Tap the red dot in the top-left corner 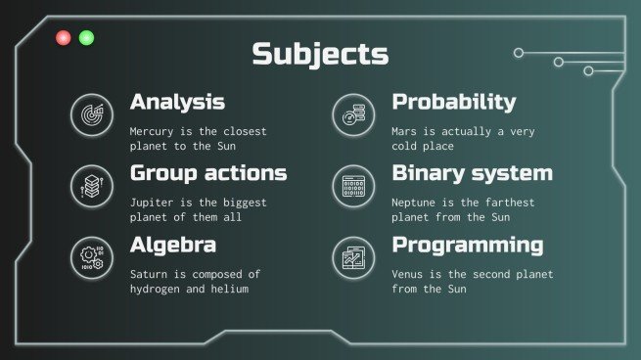pos(64,38)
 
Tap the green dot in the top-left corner pos(86,38)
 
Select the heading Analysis pos(177,102)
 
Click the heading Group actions pos(208,173)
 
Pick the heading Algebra pos(173,245)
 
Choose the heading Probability pos(453,102)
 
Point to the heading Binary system pos(472,173)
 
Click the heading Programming pos(467,245)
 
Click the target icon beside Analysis pos(89,113)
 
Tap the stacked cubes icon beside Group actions pos(89,184)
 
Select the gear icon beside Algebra pos(89,256)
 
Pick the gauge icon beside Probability pos(351,113)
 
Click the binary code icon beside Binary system pos(351,184)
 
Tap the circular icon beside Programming pos(351,256)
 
